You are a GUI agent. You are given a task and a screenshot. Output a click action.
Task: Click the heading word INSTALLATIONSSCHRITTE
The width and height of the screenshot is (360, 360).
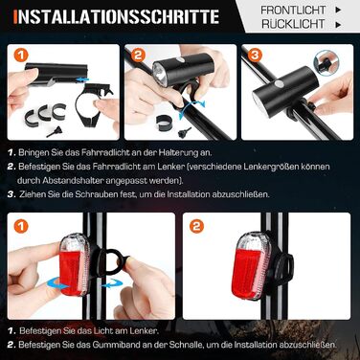117,16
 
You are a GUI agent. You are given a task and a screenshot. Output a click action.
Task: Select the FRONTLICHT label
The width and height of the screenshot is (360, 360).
293,10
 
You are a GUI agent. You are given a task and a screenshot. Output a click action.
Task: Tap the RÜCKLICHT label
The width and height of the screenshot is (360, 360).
293,24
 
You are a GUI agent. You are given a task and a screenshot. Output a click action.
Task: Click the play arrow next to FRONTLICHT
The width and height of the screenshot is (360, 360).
338,10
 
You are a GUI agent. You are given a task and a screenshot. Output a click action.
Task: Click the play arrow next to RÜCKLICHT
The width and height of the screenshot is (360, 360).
338,24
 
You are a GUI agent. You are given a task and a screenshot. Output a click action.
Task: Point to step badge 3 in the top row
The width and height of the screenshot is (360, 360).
255,55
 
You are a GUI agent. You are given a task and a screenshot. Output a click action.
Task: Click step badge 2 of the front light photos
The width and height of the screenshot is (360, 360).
138,55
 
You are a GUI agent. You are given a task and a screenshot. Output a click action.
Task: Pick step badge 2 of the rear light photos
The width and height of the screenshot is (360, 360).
196,226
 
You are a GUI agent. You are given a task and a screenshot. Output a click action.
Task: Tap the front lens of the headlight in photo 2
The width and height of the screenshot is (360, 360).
160,75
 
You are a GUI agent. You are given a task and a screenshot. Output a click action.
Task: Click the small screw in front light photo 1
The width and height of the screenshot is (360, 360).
54,132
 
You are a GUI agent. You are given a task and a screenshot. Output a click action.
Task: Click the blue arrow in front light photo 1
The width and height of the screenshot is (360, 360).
82,79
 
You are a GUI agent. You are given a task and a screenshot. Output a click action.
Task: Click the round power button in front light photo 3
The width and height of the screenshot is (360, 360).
279,84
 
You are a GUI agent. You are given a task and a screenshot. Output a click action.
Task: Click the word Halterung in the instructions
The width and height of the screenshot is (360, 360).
178,152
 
